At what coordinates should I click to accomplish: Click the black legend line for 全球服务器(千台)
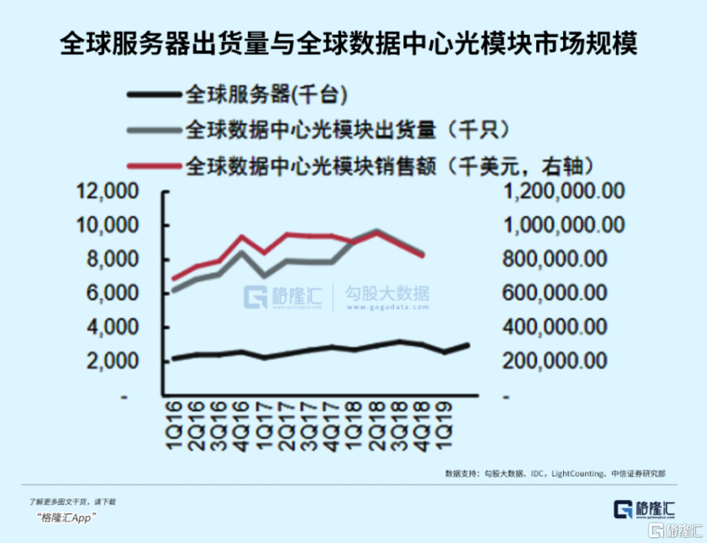153,96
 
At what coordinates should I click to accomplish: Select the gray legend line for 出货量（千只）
153,130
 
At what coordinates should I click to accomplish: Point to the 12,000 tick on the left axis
108,192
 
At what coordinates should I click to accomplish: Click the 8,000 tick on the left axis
111,260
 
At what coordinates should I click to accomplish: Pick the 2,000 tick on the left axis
111,360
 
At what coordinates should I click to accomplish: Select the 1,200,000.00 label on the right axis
563,192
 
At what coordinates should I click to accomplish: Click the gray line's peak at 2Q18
376,231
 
